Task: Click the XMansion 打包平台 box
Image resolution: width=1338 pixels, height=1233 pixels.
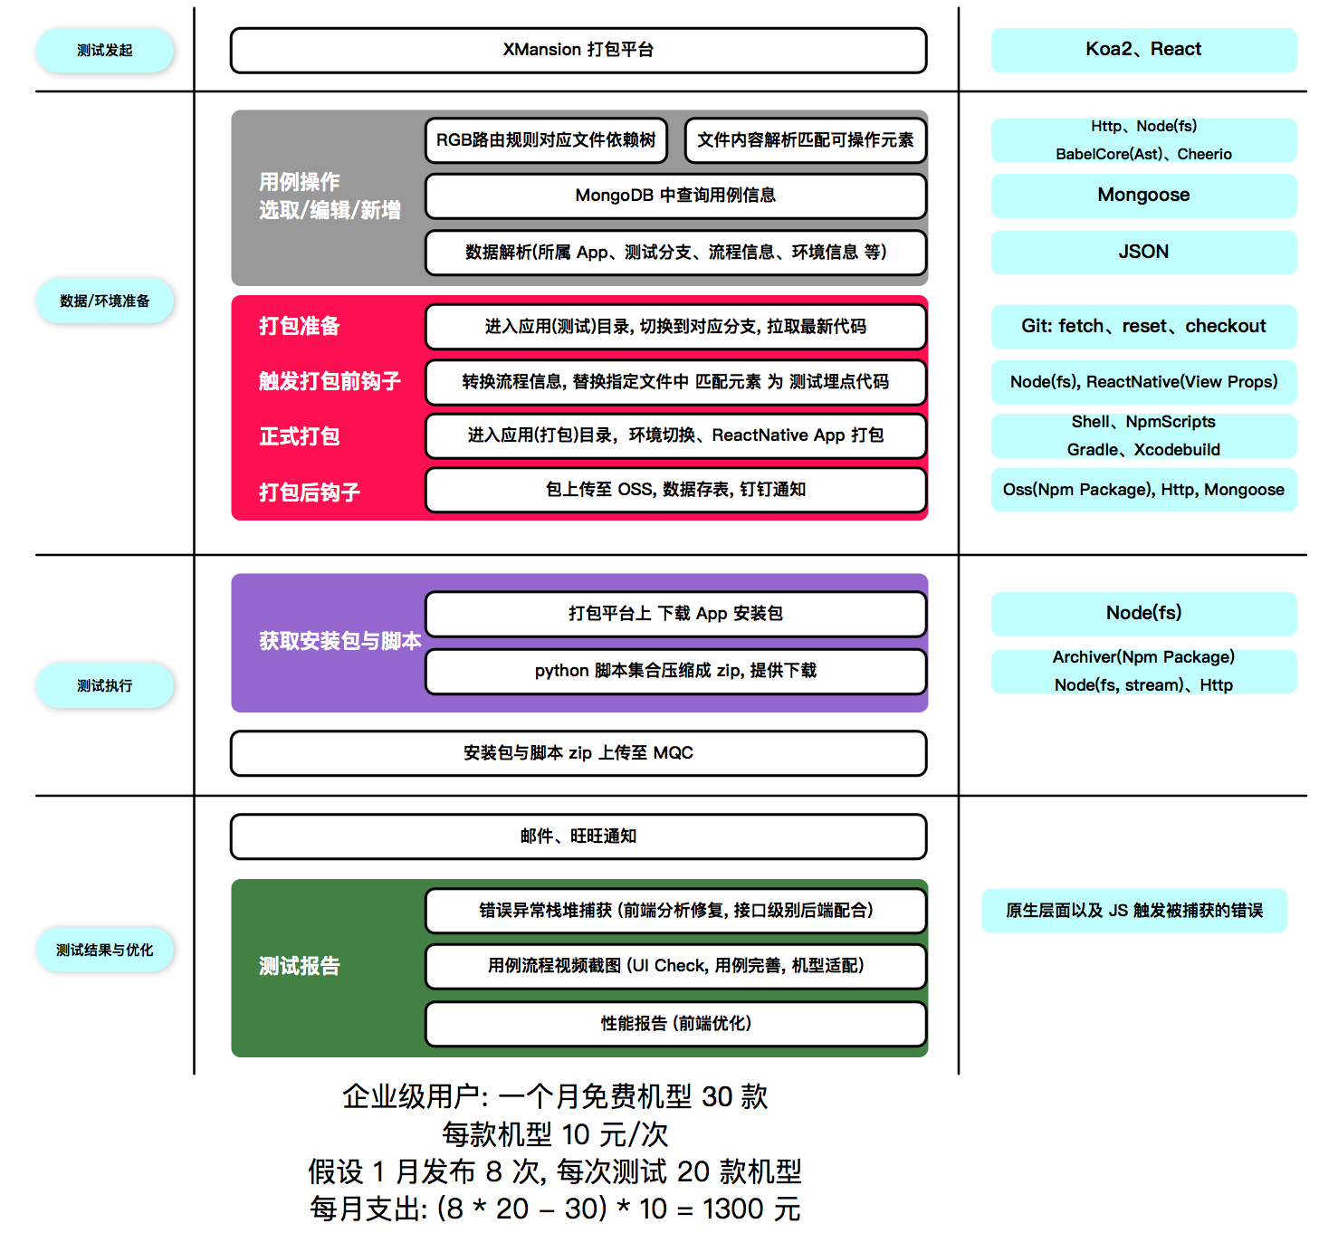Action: pos(578,50)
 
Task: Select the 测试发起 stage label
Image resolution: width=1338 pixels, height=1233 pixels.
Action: pos(105,51)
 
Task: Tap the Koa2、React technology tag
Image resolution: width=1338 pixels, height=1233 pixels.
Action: pos(1143,50)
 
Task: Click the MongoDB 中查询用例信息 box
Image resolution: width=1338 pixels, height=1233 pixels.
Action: pos(675,196)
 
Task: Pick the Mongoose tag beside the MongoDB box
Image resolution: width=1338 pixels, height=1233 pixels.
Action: pos(1143,196)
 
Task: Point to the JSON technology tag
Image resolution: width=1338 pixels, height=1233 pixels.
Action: pos(1143,252)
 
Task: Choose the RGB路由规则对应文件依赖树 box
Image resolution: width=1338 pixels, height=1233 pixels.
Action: pos(546,140)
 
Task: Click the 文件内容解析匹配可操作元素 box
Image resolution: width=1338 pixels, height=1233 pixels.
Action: pos(806,140)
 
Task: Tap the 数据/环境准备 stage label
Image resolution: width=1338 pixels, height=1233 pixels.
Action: pos(105,301)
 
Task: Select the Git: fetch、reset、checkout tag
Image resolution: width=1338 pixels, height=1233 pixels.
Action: pos(1143,326)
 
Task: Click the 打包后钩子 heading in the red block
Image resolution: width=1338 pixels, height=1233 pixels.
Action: pos(310,492)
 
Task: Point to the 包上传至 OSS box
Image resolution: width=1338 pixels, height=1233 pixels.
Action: pos(675,490)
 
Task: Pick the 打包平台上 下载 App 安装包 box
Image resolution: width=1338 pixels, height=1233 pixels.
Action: pos(675,614)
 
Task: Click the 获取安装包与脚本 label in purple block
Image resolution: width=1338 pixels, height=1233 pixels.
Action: pos(339,641)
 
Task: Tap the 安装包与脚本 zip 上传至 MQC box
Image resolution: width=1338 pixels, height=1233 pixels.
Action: pos(578,753)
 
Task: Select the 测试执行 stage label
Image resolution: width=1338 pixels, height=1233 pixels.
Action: pos(105,685)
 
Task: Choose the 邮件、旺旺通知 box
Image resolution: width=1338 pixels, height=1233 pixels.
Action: pos(578,836)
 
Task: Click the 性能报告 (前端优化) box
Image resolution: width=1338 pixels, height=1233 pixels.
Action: pos(675,1024)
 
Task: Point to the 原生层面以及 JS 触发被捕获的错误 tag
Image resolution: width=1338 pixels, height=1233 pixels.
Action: pos(1134,911)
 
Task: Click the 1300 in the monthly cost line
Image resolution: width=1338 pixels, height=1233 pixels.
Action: pos(732,1209)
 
